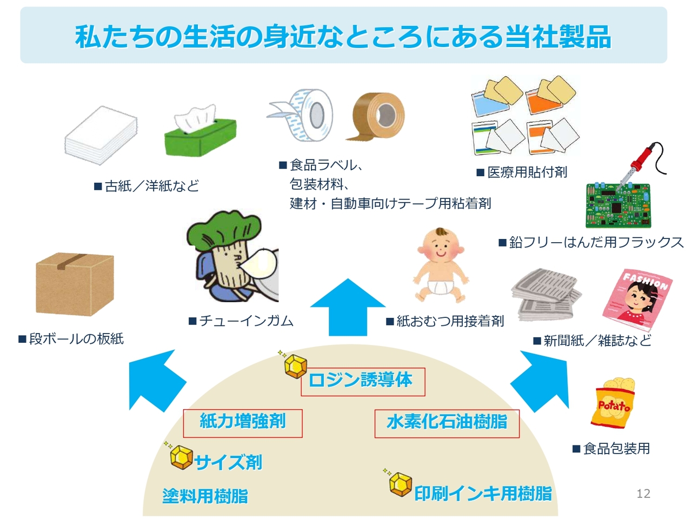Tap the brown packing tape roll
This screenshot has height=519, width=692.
pos(378,116)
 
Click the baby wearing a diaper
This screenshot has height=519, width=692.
pos(441,265)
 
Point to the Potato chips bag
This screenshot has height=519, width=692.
pos(614,403)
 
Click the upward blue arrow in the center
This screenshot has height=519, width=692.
pos(348,308)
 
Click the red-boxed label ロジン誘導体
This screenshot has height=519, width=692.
pos(362,381)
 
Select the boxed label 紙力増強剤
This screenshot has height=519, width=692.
pos(243,422)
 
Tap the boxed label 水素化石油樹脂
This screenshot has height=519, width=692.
pos(447,422)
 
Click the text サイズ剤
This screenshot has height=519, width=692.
pos(228,462)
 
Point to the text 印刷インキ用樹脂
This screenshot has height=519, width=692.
pos(483,494)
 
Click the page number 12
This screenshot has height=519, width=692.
pos(643,494)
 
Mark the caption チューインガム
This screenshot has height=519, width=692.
pos(246,321)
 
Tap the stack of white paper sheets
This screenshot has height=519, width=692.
pos(101,135)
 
